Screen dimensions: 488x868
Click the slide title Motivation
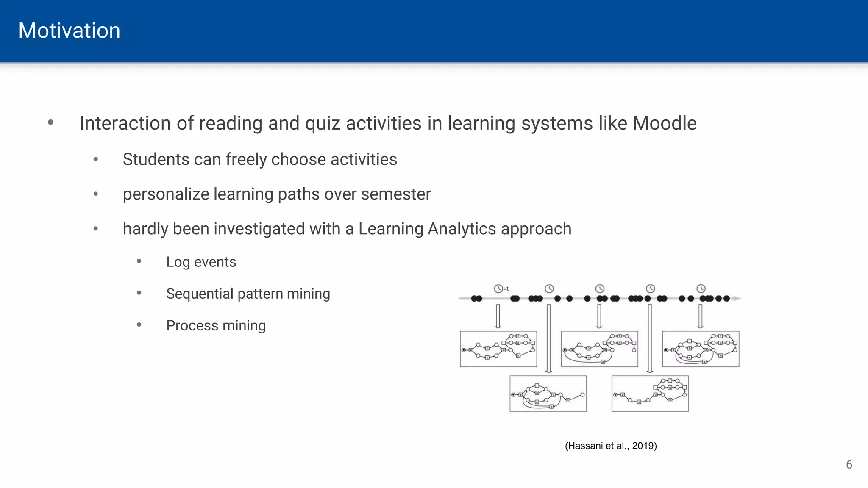(69, 31)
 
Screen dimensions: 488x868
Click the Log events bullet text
(201, 262)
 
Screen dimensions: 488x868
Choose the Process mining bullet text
(216, 325)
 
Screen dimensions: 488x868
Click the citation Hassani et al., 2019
(611, 446)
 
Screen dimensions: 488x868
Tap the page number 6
(849, 465)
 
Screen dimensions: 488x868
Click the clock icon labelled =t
(499, 288)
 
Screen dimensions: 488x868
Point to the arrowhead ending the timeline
(737, 299)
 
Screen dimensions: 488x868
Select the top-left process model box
(498, 349)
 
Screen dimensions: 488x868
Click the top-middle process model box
(599, 349)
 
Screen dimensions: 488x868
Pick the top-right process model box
(701, 349)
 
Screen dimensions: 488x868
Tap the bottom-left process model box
(548, 394)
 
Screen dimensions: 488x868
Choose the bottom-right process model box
(650, 394)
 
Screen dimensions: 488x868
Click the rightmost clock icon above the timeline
(701, 288)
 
